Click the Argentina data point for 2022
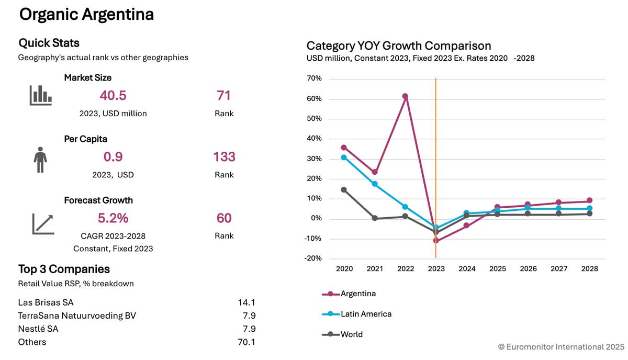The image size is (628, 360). tap(405, 96)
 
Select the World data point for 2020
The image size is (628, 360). tap(344, 189)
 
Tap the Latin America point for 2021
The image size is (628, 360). tap(375, 184)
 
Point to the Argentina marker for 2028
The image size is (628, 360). tap(589, 200)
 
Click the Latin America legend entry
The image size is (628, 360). tap(366, 314)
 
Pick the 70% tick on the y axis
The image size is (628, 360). tap(315, 79)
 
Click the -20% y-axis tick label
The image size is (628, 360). tap(313, 258)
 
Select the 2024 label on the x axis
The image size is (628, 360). tap(467, 269)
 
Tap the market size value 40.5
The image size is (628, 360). tap(113, 96)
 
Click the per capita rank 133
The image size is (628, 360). tap(224, 157)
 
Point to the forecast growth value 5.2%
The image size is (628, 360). tap(113, 218)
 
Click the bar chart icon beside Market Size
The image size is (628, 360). tap(40, 95)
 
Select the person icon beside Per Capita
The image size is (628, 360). tap(40, 159)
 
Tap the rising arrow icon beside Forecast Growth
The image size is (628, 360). tap(42, 224)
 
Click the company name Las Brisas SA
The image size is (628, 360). tap(46, 302)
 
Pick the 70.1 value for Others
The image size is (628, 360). tap(246, 342)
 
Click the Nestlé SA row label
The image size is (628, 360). tap(38, 329)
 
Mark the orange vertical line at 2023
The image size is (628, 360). tap(436, 157)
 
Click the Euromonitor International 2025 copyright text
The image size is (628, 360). tap(561, 346)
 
